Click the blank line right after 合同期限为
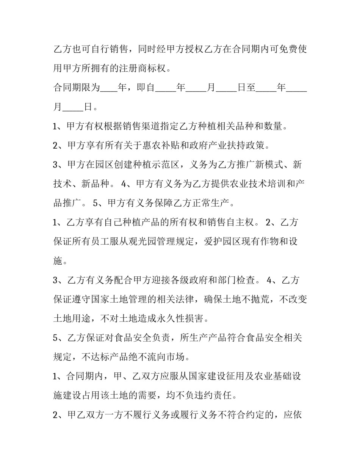[x=110, y=88]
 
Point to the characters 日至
[x=246, y=88]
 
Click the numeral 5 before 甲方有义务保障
[x=95, y=203]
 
